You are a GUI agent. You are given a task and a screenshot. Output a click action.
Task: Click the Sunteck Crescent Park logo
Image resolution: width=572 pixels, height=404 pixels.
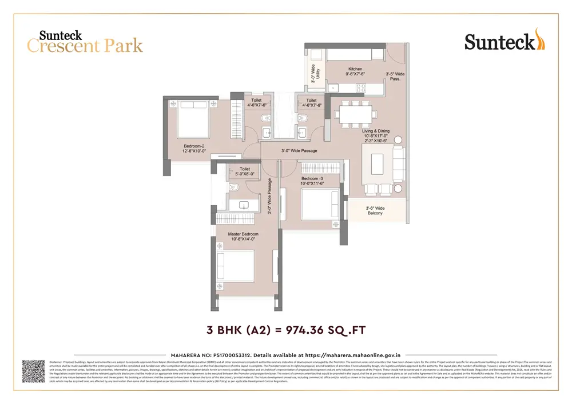pyautogui.click(x=85, y=41)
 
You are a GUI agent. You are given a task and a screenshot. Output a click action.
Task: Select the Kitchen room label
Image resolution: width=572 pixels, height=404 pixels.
pyautogui.click(x=355, y=71)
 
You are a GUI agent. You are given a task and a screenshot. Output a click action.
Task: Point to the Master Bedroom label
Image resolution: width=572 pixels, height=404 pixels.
pyautogui.click(x=243, y=237)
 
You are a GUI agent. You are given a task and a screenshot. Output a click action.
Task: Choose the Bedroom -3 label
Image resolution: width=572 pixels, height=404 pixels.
pyautogui.click(x=313, y=181)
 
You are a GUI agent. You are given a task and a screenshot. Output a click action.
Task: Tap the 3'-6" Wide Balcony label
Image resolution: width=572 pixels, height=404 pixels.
pyautogui.click(x=375, y=211)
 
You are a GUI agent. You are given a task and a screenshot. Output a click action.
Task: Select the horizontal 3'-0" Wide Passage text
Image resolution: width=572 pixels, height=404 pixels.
pyautogui.click(x=299, y=151)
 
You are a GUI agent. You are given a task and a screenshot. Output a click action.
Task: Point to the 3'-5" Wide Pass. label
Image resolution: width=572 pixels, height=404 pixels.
pyautogui.click(x=395, y=77)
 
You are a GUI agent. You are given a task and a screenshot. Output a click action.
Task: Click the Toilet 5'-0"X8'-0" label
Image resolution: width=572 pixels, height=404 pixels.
pyautogui.click(x=245, y=171)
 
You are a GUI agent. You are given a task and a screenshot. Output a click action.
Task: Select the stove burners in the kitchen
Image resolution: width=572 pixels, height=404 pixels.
pyautogui.click(x=361, y=87)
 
